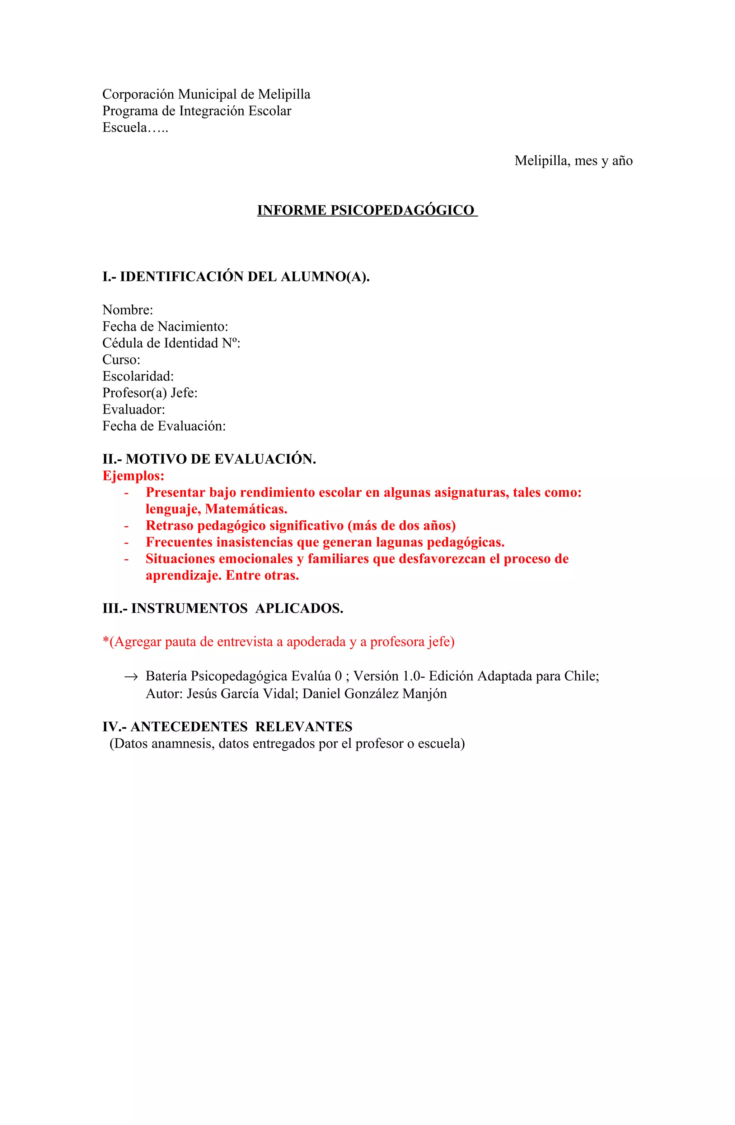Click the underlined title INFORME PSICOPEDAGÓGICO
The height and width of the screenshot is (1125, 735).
point(367,210)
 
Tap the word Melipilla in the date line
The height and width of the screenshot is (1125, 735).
point(542,161)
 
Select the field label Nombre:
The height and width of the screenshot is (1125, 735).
point(127,310)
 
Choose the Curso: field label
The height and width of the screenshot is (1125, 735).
point(121,360)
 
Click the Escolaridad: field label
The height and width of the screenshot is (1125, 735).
point(138,376)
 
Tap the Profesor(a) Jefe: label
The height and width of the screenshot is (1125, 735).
point(150,393)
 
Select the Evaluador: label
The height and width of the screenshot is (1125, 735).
point(134,409)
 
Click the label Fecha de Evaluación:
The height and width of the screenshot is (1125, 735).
point(164,426)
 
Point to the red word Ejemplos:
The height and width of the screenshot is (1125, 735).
point(133,476)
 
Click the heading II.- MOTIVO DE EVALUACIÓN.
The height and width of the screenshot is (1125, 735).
point(209,459)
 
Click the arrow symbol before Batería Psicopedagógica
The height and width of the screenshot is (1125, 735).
point(130,677)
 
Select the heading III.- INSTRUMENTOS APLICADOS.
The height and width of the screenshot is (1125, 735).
point(223,608)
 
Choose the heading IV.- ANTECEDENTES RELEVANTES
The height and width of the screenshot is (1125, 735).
point(227,727)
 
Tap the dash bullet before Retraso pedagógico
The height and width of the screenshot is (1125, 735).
point(127,526)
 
